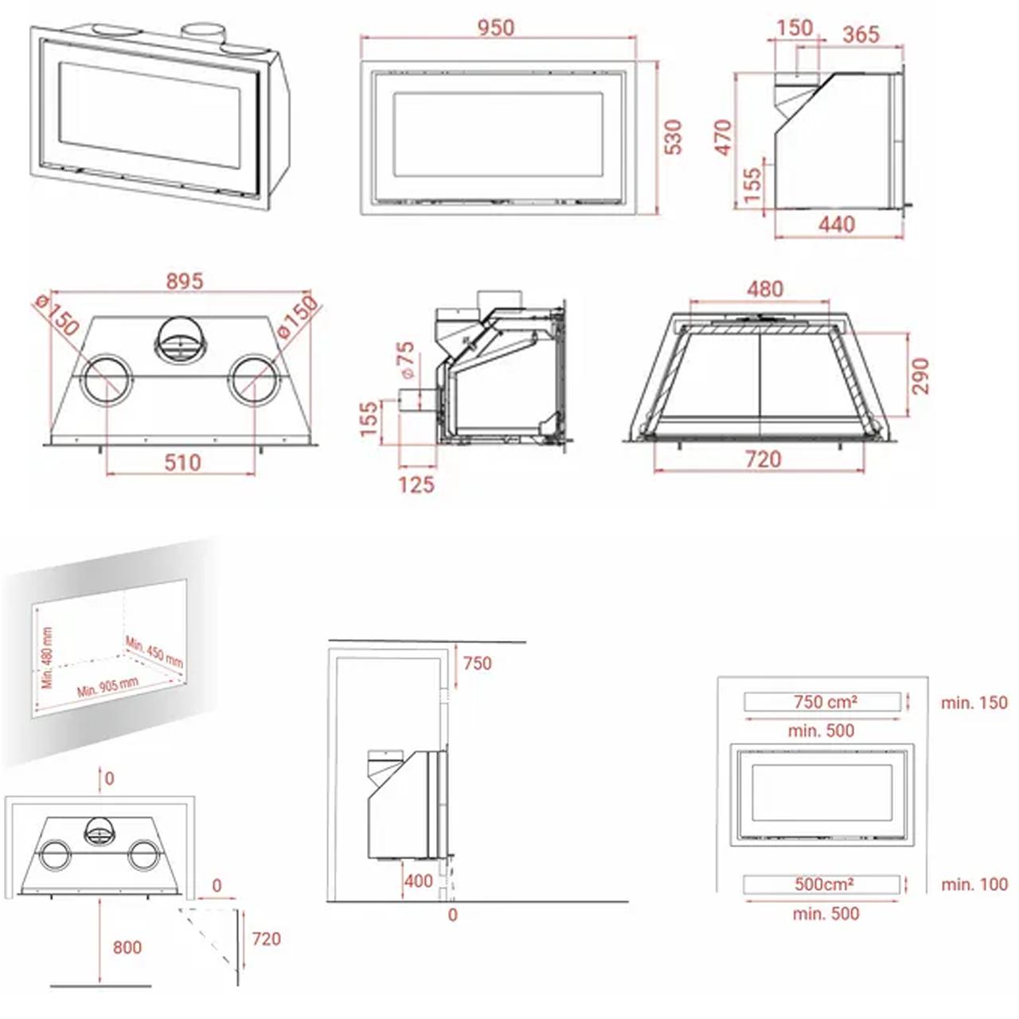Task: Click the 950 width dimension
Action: point(495,28)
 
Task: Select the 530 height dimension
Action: point(673,137)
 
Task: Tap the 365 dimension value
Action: point(861,34)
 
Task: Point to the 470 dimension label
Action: point(724,138)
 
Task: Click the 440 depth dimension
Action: point(837,224)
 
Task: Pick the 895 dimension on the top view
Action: point(185,281)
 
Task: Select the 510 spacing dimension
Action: point(182,463)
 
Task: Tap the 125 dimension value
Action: point(416,485)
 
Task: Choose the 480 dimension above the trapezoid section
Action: point(764,289)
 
